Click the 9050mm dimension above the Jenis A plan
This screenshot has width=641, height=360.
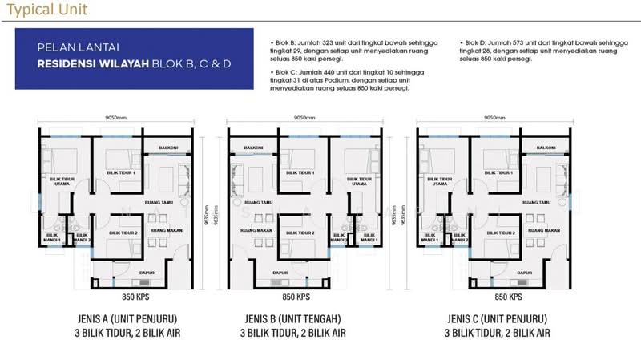(113, 117)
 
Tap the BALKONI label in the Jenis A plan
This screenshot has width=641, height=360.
(166, 148)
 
